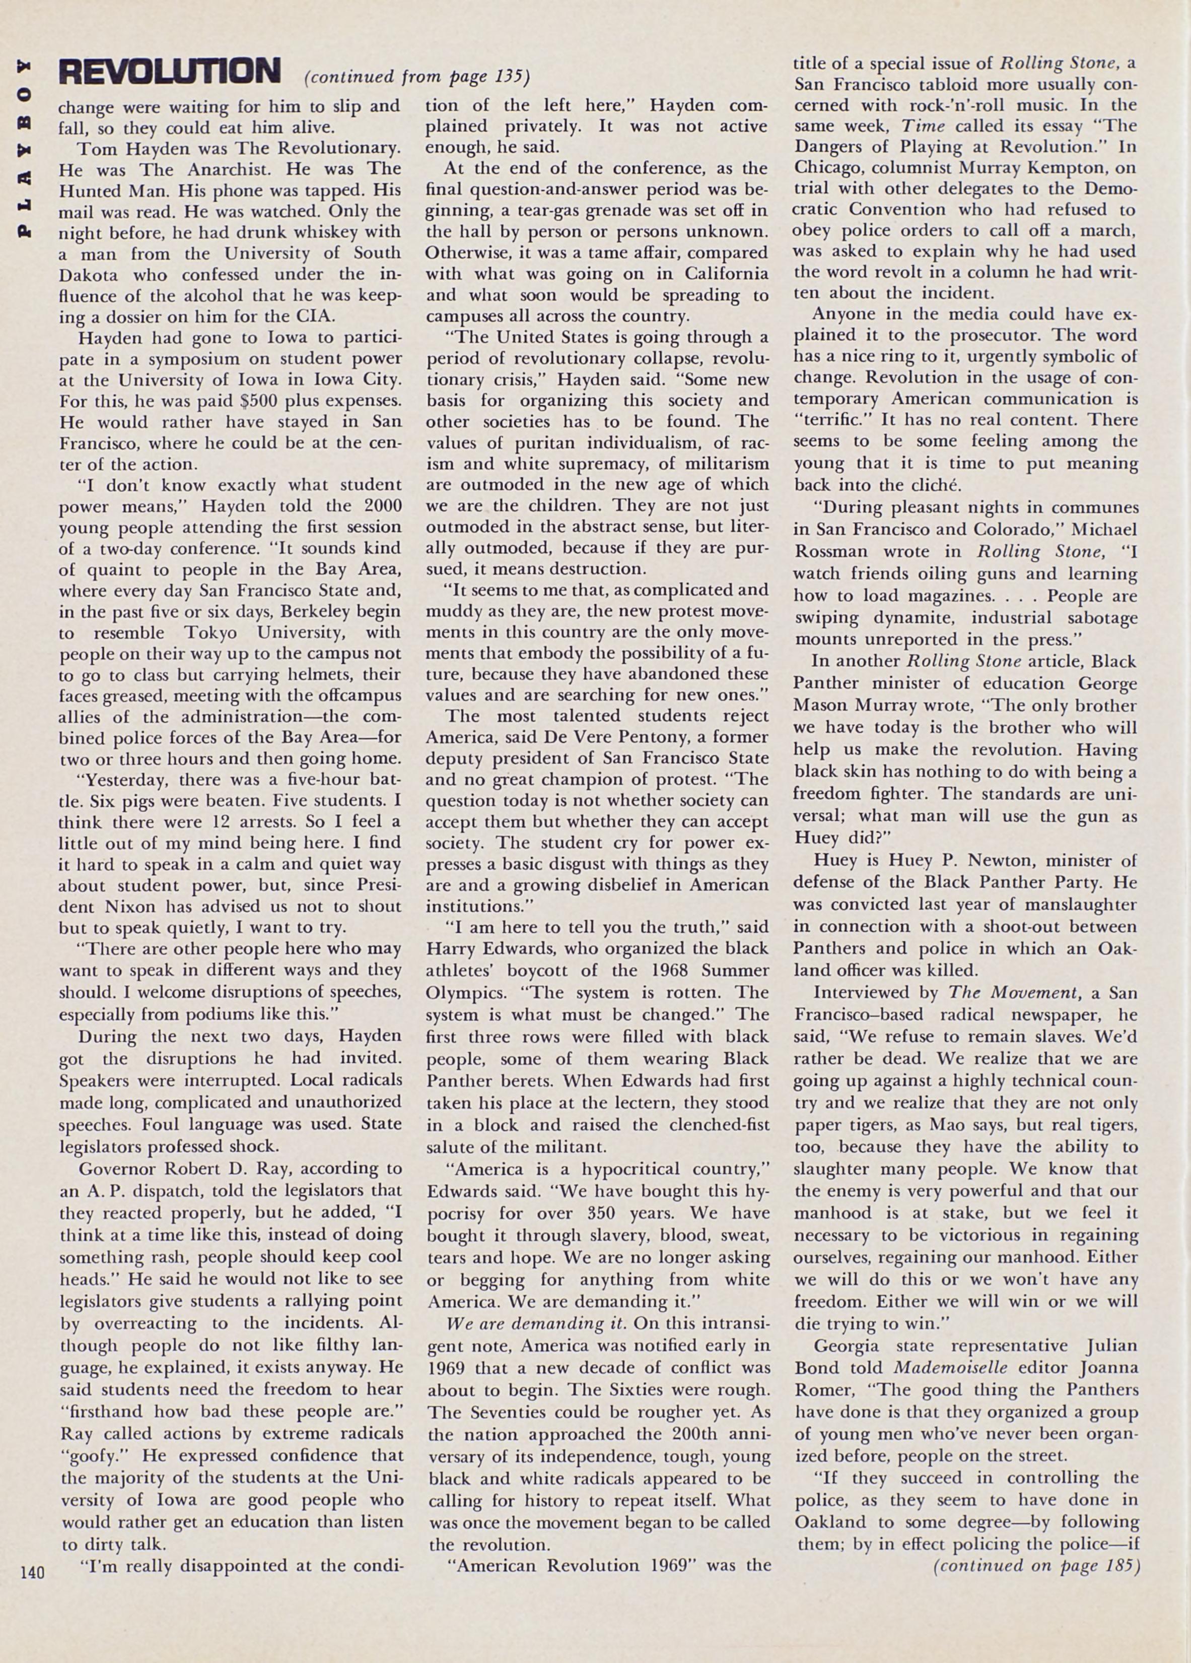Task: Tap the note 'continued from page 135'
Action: tap(415, 76)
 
